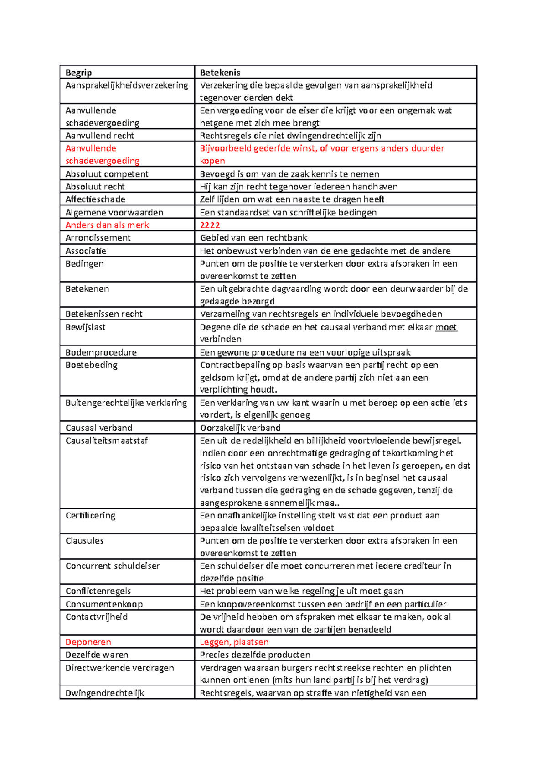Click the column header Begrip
[x=78, y=73]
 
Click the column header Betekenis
[x=220, y=73]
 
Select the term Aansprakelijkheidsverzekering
[x=127, y=85]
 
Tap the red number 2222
[x=210, y=225]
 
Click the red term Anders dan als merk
[x=107, y=225]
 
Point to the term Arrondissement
[x=98, y=238]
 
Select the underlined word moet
[x=446, y=327]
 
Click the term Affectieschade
[x=95, y=199]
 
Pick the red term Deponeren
[x=88, y=642]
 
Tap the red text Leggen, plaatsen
[x=234, y=642]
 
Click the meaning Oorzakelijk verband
[x=240, y=428]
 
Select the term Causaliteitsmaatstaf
[x=107, y=441]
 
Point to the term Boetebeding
[x=91, y=365]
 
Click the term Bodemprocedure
[x=101, y=352]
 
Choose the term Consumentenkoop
[x=104, y=604]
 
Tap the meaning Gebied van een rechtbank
[x=253, y=238]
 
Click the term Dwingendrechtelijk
[x=105, y=693]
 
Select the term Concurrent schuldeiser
[x=113, y=566]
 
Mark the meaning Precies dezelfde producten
[x=255, y=655]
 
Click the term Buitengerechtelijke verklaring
[x=126, y=403]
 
